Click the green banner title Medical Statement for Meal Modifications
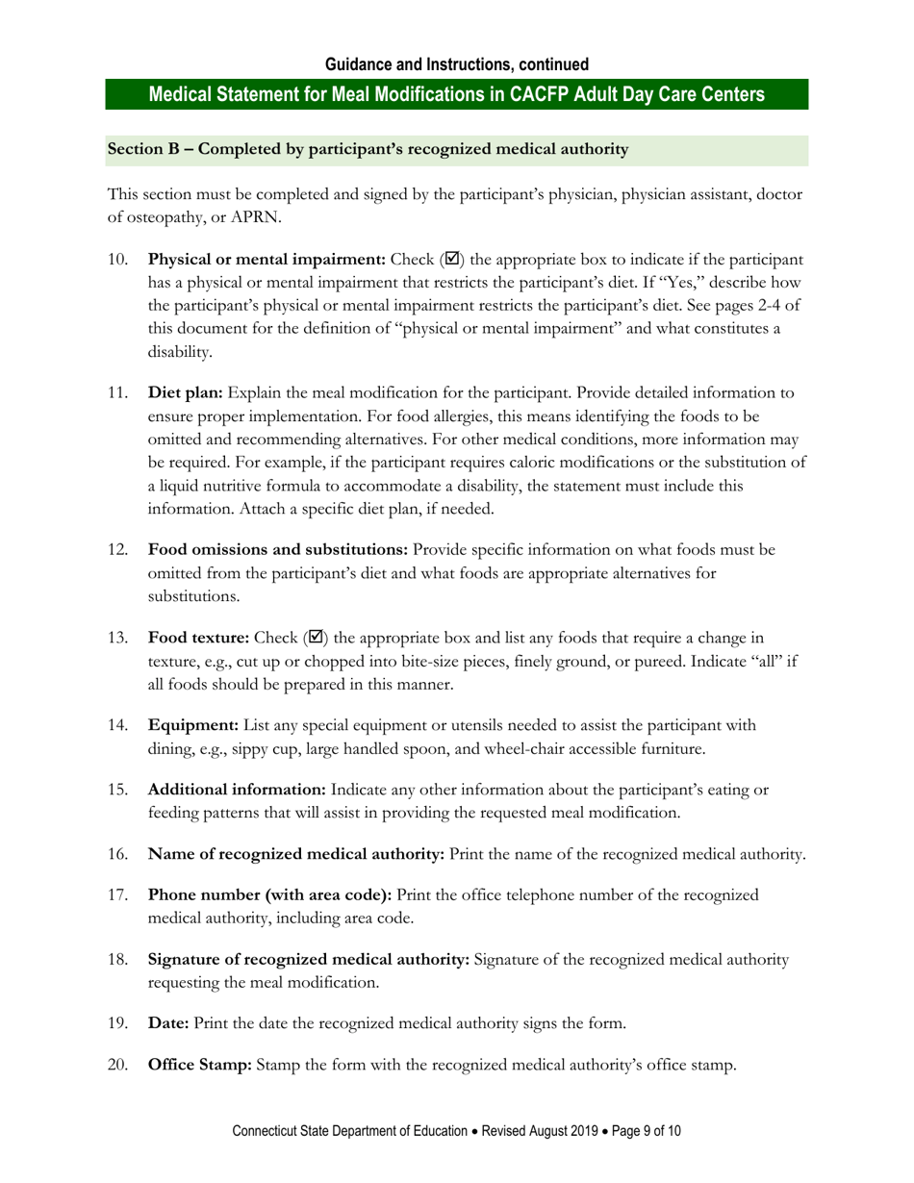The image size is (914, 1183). (457, 94)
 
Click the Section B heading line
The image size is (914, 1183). (368, 149)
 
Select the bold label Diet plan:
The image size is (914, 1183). (185, 392)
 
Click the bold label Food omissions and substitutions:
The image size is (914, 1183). (277, 550)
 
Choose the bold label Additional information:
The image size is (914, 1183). (237, 790)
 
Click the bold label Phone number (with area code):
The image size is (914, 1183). (269, 894)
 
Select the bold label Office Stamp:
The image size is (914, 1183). (200, 1065)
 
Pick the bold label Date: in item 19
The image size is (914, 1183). (168, 1023)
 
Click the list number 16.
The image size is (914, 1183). (117, 854)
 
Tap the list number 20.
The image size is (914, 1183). (117, 1065)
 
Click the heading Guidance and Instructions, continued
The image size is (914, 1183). (457, 64)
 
